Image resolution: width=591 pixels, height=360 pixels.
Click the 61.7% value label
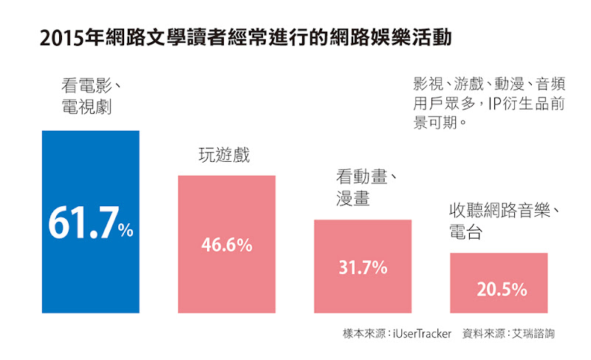[x=91, y=223]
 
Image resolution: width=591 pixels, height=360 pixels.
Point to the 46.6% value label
[x=227, y=245]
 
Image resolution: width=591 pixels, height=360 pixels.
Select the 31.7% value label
[x=363, y=268]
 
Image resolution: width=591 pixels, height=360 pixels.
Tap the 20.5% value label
[x=502, y=289]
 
